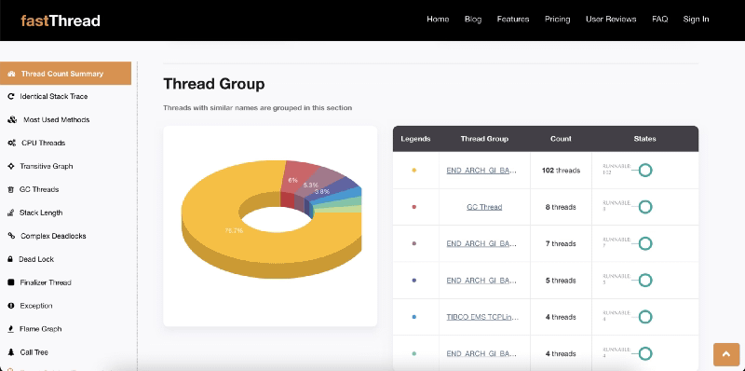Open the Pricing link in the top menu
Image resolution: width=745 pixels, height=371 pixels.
pos(558,20)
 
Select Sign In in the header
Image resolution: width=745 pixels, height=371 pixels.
pos(696,20)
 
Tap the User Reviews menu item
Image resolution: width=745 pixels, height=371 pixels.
pos(611,20)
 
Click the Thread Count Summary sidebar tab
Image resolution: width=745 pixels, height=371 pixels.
pos(66,73)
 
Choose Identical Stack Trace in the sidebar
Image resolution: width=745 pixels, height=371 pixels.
pos(60,96)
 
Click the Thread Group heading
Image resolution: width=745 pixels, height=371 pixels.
pos(214,84)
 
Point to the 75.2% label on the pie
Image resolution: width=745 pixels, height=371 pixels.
pos(234,229)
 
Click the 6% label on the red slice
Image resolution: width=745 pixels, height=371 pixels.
pos(292,180)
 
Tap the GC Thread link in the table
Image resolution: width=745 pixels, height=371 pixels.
pos(484,207)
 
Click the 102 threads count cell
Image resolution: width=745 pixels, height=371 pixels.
pos(561,171)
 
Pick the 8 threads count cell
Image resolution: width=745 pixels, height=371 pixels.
pos(561,207)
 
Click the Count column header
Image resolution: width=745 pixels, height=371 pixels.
pos(561,139)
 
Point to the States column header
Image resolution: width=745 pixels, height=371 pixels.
pos(644,139)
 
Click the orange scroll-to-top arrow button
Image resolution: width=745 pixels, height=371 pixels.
pos(725,354)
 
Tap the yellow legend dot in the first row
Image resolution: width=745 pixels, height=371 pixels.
pos(413,171)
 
